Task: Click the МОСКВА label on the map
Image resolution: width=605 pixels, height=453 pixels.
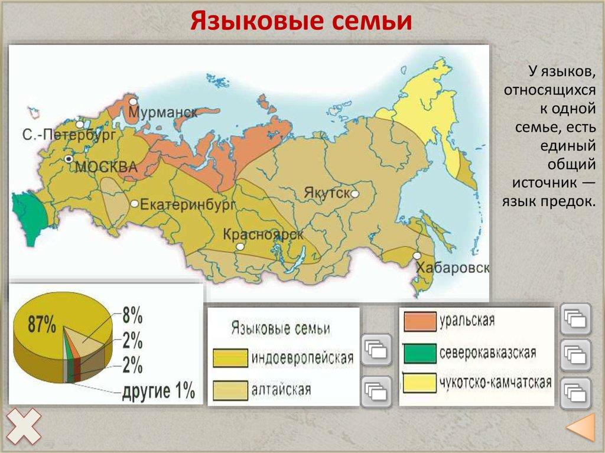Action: click(106, 167)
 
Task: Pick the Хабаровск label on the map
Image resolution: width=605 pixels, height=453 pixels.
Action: click(453, 268)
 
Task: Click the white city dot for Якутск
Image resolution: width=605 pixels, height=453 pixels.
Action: click(355, 194)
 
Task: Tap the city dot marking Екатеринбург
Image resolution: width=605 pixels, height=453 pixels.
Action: click(135, 203)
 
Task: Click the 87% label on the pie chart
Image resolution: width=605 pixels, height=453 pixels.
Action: click(42, 324)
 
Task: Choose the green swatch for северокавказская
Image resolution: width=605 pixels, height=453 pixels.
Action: click(419, 353)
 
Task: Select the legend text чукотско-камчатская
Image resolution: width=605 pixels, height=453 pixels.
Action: click(495, 382)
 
